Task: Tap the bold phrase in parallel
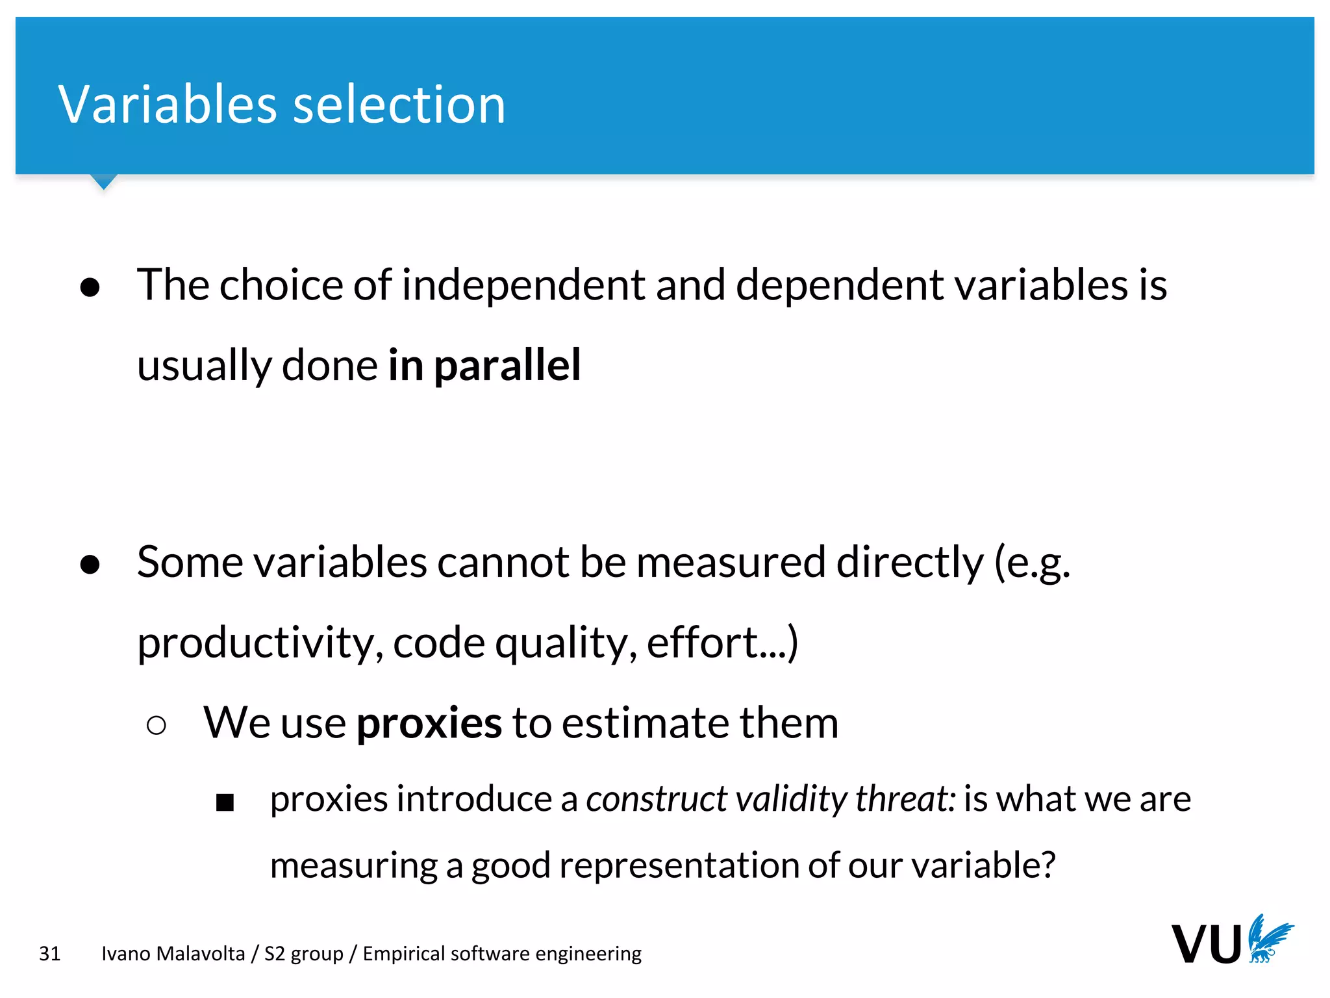pos(484,365)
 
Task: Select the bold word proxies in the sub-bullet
pos(429,723)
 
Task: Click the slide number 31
pos(50,954)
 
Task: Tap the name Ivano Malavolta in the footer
pos(173,954)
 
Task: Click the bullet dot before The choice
pos(90,287)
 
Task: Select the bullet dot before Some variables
pos(90,564)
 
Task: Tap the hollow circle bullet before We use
pos(157,725)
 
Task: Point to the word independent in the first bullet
pos(523,286)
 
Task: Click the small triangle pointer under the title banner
pos(103,181)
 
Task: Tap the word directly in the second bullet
pos(909,563)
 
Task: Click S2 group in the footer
pos(303,954)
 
